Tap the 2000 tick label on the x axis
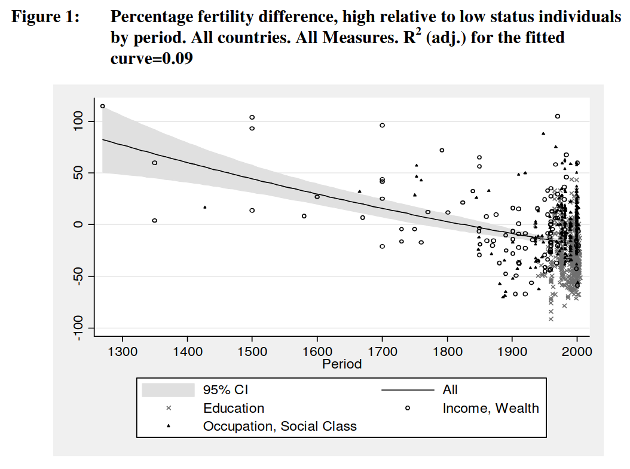[x=577, y=352]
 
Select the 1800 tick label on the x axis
[x=446, y=352]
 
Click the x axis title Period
[x=342, y=364]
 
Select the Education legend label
[x=234, y=409]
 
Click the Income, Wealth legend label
[x=491, y=409]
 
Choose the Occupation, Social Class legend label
[x=280, y=427]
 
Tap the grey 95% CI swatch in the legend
[x=168, y=390]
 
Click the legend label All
[x=450, y=390]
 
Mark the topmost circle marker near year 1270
[x=102, y=106]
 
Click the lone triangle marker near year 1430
[x=205, y=208]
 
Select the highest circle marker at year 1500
[x=252, y=117]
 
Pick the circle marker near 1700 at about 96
[x=383, y=125]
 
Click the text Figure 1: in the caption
[x=46, y=18]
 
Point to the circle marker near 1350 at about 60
[x=154, y=163]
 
